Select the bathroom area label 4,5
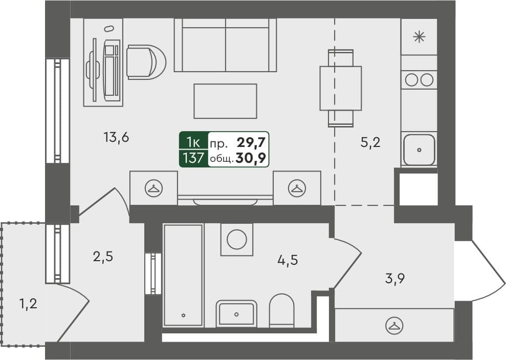[x=287, y=260]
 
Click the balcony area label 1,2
[x=28, y=304]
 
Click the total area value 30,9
[x=251, y=158]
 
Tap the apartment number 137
[x=193, y=158]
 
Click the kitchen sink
[x=419, y=150]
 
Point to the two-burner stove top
[x=419, y=79]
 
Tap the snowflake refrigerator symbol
[x=419, y=36]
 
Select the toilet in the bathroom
[x=281, y=310]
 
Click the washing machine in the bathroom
[x=237, y=239]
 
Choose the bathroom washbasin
[x=236, y=313]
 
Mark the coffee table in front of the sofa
[x=225, y=101]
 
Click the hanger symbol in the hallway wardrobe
[x=394, y=325]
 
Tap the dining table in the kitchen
[x=341, y=88]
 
